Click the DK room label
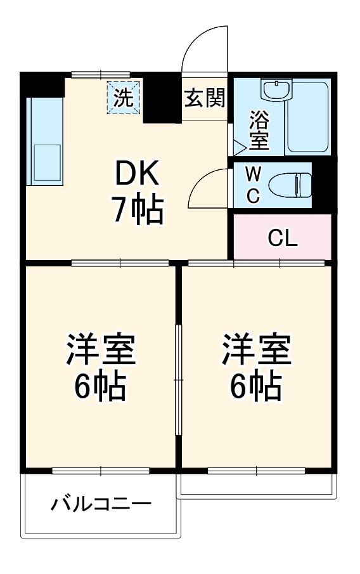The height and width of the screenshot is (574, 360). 138,173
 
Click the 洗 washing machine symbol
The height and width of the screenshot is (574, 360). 124,98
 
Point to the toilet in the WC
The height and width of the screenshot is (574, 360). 288,186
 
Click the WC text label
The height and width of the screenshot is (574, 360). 252,185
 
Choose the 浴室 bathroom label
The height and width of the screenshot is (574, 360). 258,130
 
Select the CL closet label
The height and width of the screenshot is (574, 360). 282,238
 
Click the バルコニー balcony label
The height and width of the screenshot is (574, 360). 102,505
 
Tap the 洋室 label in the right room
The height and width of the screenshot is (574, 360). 256,348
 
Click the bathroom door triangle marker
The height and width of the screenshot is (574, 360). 239,148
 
